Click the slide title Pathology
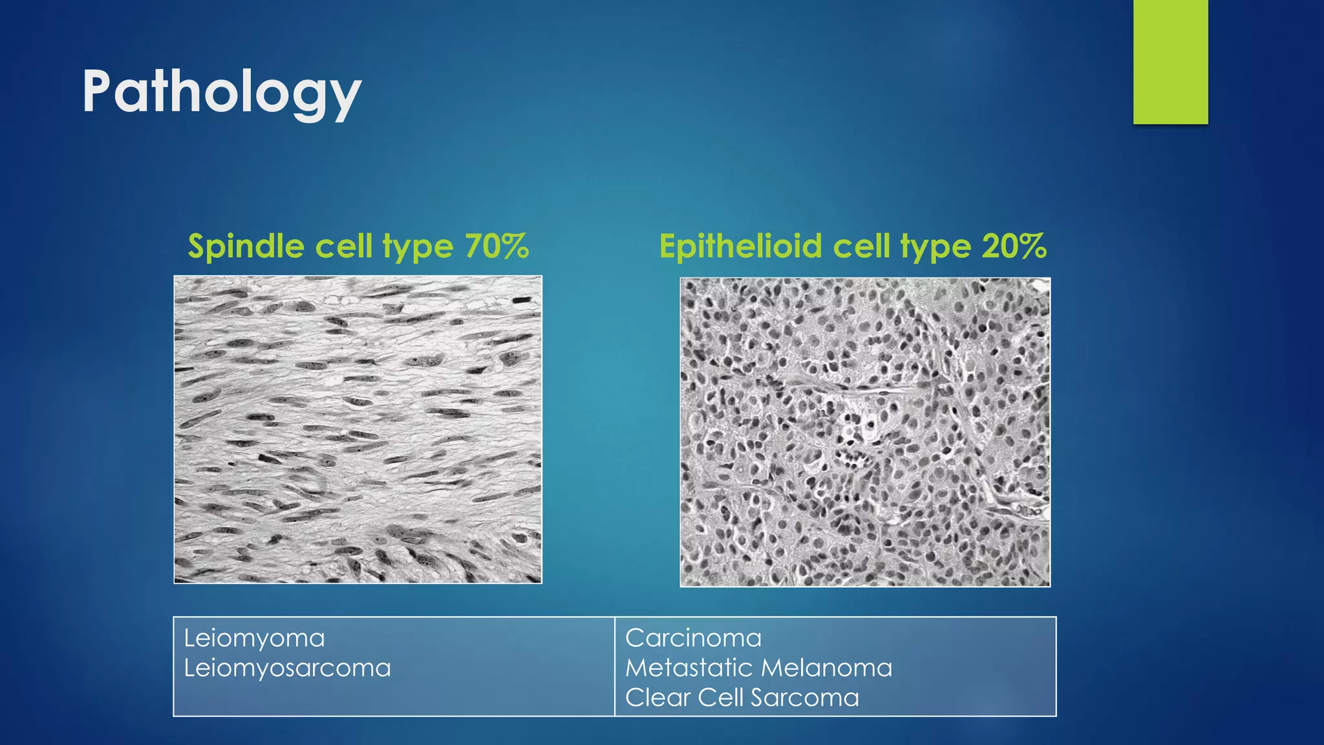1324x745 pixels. [221, 92]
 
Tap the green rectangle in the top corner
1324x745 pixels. [1170, 62]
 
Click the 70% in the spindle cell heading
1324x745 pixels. [496, 246]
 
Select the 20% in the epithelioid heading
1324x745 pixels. [1014, 246]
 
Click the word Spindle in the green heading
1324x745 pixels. [246, 246]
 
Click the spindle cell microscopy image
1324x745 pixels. [358, 429]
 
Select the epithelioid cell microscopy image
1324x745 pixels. [865, 432]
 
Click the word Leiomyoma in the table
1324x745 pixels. [254, 638]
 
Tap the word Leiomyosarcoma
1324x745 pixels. [287, 668]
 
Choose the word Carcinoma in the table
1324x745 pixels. [693, 638]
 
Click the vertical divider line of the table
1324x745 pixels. [615, 666]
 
